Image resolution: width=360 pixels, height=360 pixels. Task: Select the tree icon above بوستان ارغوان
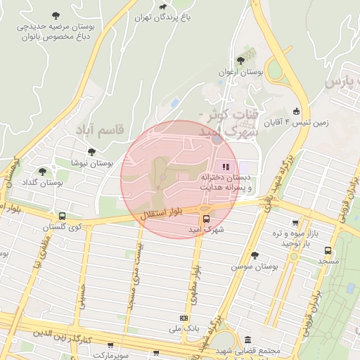pyautogui.click(x=242, y=61)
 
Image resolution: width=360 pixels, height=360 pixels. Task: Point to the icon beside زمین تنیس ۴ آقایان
pyautogui.click(x=296, y=111)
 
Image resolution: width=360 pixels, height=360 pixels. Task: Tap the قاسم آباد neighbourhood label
pyautogui.click(x=98, y=129)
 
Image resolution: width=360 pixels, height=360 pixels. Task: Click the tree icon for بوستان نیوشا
pyautogui.click(x=91, y=152)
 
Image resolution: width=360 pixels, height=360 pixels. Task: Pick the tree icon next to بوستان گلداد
pyautogui.click(x=42, y=172)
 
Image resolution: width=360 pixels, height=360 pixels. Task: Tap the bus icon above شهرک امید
pyautogui.click(x=205, y=218)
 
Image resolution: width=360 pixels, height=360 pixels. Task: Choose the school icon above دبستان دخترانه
pyautogui.click(x=226, y=167)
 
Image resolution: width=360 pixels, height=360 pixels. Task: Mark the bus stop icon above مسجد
pyautogui.click(x=328, y=250)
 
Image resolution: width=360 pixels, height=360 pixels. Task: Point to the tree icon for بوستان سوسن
pyautogui.click(x=254, y=255)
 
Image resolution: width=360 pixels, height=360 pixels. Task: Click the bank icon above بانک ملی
pyautogui.click(x=184, y=317)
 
